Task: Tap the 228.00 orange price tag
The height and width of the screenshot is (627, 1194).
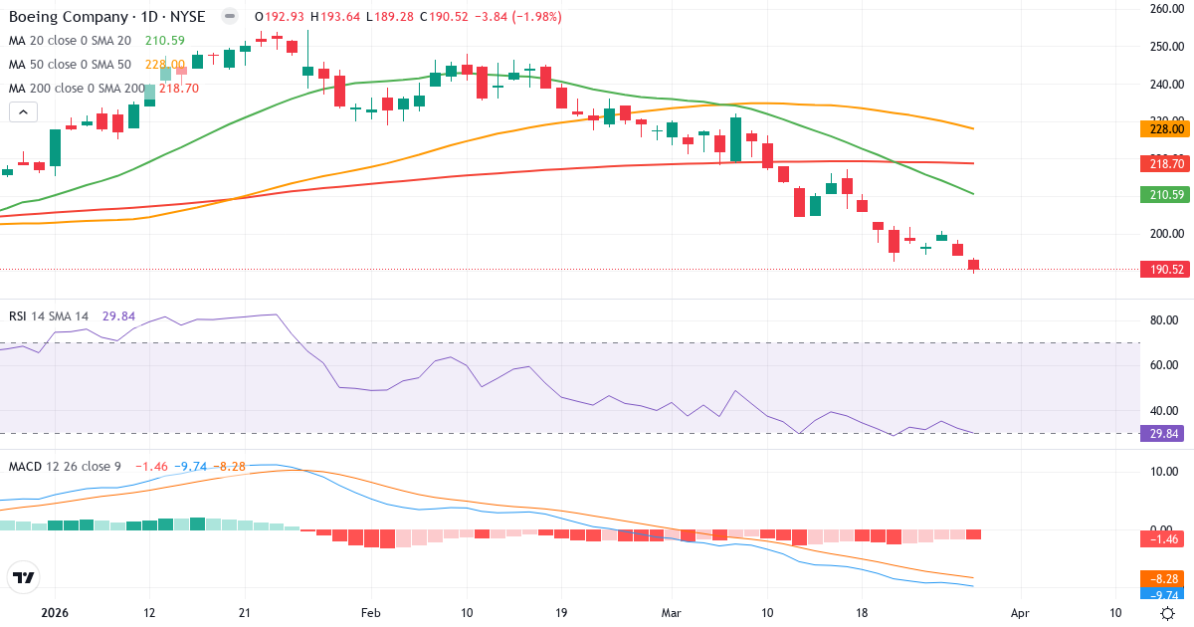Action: pyautogui.click(x=1163, y=128)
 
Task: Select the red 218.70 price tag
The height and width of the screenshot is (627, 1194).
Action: pyautogui.click(x=1163, y=162)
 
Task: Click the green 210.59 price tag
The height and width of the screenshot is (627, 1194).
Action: pyautogui.click(x=1163, y=194)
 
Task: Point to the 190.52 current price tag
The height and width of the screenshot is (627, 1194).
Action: pyautogui.click(x=1163, y=270)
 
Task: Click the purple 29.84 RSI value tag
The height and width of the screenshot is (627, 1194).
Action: pyautogui.click(x=1163, y=434)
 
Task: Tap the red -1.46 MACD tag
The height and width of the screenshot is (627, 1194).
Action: pyautogui.click(x=1163, y=538)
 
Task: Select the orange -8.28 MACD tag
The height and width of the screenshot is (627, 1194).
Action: pyautogui.click(x=1163, y=577)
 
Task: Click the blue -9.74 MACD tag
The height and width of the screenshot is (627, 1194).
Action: pyautogui.click(x=1163, y=593)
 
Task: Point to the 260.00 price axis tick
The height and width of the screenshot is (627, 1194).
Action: pyautogui.click(x=1163, y=9)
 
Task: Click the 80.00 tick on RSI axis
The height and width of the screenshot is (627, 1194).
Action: pyautogui.click(x=1163, y=320)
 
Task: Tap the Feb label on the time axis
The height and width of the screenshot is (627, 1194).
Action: pyautogui.click(x=370, y=613)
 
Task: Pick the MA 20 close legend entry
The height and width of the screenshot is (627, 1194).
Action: pyautogui.click(x=70, y=41)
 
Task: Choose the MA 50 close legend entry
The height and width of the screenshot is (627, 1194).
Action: pyautogui.click(x=70, y=64)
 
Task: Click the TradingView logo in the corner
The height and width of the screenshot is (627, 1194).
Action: pyautogui.click(x=23, y=577)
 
